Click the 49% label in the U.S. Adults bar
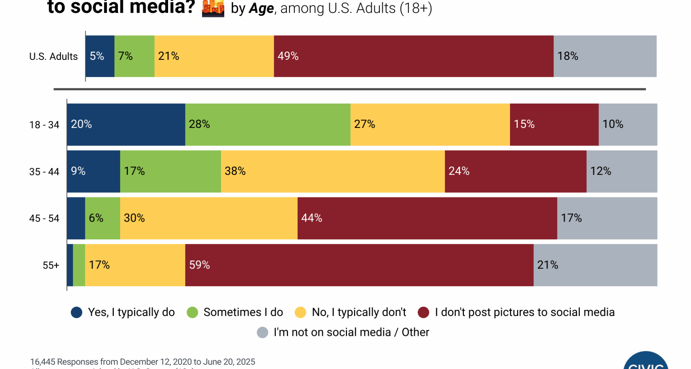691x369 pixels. tap(288, 56)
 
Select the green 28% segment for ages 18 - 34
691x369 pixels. tap(268, 124)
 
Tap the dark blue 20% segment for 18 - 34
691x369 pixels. tap(126, 124)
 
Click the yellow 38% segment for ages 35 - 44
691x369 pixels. tap(333, 171)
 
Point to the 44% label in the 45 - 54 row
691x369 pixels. tap(312, 218)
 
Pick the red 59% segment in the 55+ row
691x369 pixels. tap(359, 265)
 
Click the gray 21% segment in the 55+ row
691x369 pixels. tap(595, 265)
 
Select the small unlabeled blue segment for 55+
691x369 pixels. tap(70, 265)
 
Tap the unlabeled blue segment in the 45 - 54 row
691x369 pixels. tap(76, 218)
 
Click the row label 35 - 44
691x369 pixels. tap(44, 172)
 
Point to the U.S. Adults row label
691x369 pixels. tap(53, 56)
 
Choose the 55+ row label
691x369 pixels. tap(51, 265)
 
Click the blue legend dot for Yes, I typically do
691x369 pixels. tap(77, 312)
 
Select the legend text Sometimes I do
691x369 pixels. tap(243, 312)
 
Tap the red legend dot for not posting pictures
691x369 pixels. tap(423, 312)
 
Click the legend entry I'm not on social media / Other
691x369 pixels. tap(351, 332)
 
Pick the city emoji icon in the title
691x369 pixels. tap(213, 8)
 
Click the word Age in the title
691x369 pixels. tap(261, 8)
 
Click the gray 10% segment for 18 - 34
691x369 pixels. tap(628, 124)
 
